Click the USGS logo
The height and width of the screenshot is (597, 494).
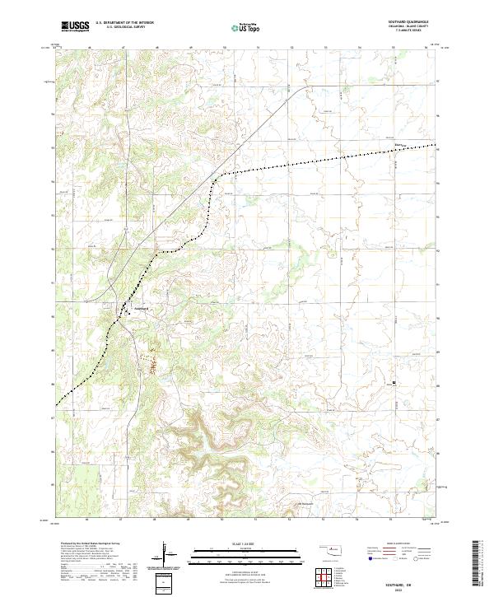pos(75,26)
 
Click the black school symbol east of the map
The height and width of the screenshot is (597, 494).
pos(394,383)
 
